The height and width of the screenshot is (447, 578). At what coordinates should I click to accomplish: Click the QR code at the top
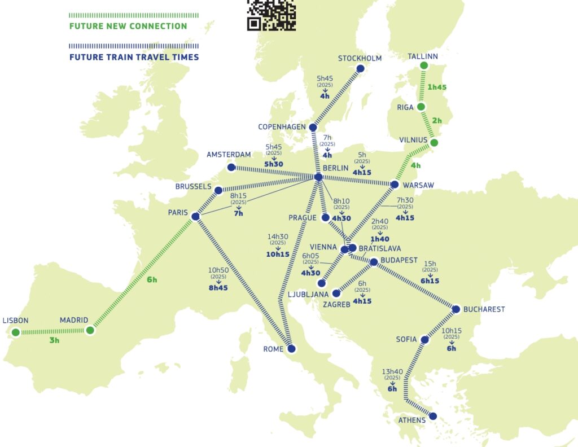click(272, 15)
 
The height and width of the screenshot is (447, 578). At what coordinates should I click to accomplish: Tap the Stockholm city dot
click(360, 69)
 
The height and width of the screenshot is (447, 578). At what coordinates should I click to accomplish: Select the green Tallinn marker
click(424, 66)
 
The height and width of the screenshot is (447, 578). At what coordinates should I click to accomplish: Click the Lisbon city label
click(15, 320)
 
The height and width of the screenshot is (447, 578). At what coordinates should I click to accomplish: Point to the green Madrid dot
click(90, 330)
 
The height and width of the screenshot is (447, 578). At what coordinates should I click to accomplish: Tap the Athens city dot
click(433, 416)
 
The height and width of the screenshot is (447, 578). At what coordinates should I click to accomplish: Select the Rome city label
click(273, 349)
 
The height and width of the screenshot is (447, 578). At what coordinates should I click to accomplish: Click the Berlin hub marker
click(318, 177)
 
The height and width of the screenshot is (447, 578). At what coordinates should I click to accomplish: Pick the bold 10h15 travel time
click(278, 254)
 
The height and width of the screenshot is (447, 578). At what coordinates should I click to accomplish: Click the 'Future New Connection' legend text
click(128, 26)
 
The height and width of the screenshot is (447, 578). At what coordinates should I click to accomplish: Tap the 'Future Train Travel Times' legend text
click(134, 57)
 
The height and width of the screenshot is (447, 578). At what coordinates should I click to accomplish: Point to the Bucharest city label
click(484, 309)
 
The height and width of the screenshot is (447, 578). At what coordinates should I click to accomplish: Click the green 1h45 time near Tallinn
click(437, 87)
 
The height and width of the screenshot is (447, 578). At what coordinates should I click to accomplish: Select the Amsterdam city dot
click(231, 168)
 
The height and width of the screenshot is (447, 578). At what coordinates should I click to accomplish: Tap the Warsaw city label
click(418, 185)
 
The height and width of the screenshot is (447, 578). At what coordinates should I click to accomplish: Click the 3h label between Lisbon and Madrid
click(54, 340)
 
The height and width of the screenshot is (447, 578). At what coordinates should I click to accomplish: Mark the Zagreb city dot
click(336, 293)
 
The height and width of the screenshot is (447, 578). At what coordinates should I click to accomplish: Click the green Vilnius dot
click(433, 143)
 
